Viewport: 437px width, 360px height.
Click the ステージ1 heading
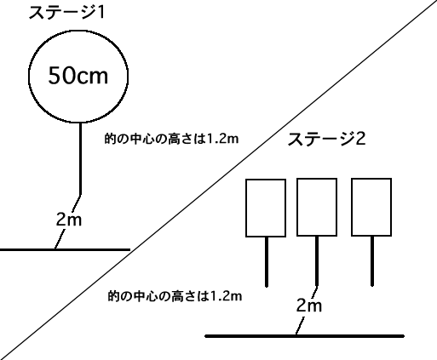click(67, 13)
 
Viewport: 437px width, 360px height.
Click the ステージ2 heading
click(326, 139)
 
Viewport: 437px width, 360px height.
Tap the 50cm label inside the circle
click(78, 76)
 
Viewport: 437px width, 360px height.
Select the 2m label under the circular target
click(69, 220)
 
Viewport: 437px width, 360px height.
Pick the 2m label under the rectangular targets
click(309, 306)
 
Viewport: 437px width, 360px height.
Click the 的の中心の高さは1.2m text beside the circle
click(171, 139)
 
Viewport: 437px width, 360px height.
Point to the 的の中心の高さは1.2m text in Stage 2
click(175, 296)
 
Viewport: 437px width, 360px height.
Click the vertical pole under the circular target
click(81, 158)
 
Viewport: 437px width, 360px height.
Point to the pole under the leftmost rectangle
click(267, 261)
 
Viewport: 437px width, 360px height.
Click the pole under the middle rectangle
click(317, 261)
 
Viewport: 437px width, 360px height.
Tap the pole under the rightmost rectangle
click(372, 261)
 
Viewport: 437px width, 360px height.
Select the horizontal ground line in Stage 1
click(65, 249)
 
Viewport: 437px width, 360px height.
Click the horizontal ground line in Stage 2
click(304, 336)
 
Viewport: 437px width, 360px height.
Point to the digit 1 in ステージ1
click(101, 13)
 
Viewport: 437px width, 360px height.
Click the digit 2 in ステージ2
click(360, 140)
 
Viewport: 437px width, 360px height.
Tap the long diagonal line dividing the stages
click(219, 180)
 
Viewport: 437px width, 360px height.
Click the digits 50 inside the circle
click(60, 76)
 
